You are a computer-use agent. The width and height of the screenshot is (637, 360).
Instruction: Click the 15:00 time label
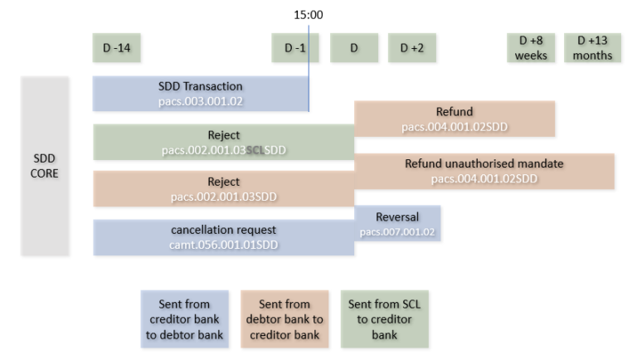point(309,15)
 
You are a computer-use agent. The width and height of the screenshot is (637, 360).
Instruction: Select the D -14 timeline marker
point(116,48)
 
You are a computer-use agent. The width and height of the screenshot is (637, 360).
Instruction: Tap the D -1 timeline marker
point(295,48)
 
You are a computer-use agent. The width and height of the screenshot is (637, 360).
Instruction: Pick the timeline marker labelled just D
point(354,48)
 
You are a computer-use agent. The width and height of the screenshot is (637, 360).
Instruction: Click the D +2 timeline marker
point(412,48)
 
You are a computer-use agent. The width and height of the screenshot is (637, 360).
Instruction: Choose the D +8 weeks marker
point(531,48)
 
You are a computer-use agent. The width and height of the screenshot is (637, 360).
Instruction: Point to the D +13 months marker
point(592,48)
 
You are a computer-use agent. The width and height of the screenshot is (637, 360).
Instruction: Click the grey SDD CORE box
point(45,166)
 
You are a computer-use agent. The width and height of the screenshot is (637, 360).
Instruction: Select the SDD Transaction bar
point(200,94)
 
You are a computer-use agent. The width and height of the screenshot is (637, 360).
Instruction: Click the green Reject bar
point(223,142)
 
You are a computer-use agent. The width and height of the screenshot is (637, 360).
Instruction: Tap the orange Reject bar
point(223,189)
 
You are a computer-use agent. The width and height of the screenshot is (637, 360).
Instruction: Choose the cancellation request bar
point(223,237)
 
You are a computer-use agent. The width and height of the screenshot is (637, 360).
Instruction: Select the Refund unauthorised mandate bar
point(484,171)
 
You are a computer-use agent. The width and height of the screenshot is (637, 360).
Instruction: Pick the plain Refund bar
point(455,119)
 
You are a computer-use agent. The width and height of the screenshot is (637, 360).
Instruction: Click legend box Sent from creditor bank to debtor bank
point(187,319)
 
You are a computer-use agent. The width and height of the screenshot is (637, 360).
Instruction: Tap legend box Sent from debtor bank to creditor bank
point(285,319)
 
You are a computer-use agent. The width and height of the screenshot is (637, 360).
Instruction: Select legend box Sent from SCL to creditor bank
point(384,319)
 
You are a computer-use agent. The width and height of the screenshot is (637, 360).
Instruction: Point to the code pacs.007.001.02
point(397,232)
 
